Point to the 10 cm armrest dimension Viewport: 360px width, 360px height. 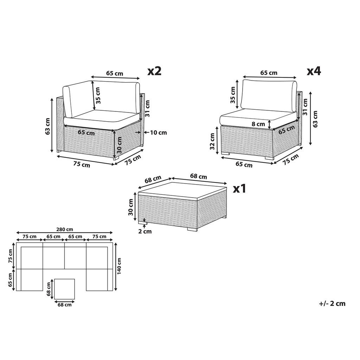[x=158, y=133]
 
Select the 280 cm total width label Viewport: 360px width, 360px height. [x=64, y=229]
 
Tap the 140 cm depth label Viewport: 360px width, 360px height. [x=120, y=266]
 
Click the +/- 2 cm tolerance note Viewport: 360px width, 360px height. [x=332, y=303]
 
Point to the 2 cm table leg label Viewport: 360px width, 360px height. [x=144, y=231]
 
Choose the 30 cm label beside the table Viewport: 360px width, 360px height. [x=131, y=207]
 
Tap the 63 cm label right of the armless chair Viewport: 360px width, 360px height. [x=315, y=118]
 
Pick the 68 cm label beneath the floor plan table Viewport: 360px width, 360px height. [x=64, y=305]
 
